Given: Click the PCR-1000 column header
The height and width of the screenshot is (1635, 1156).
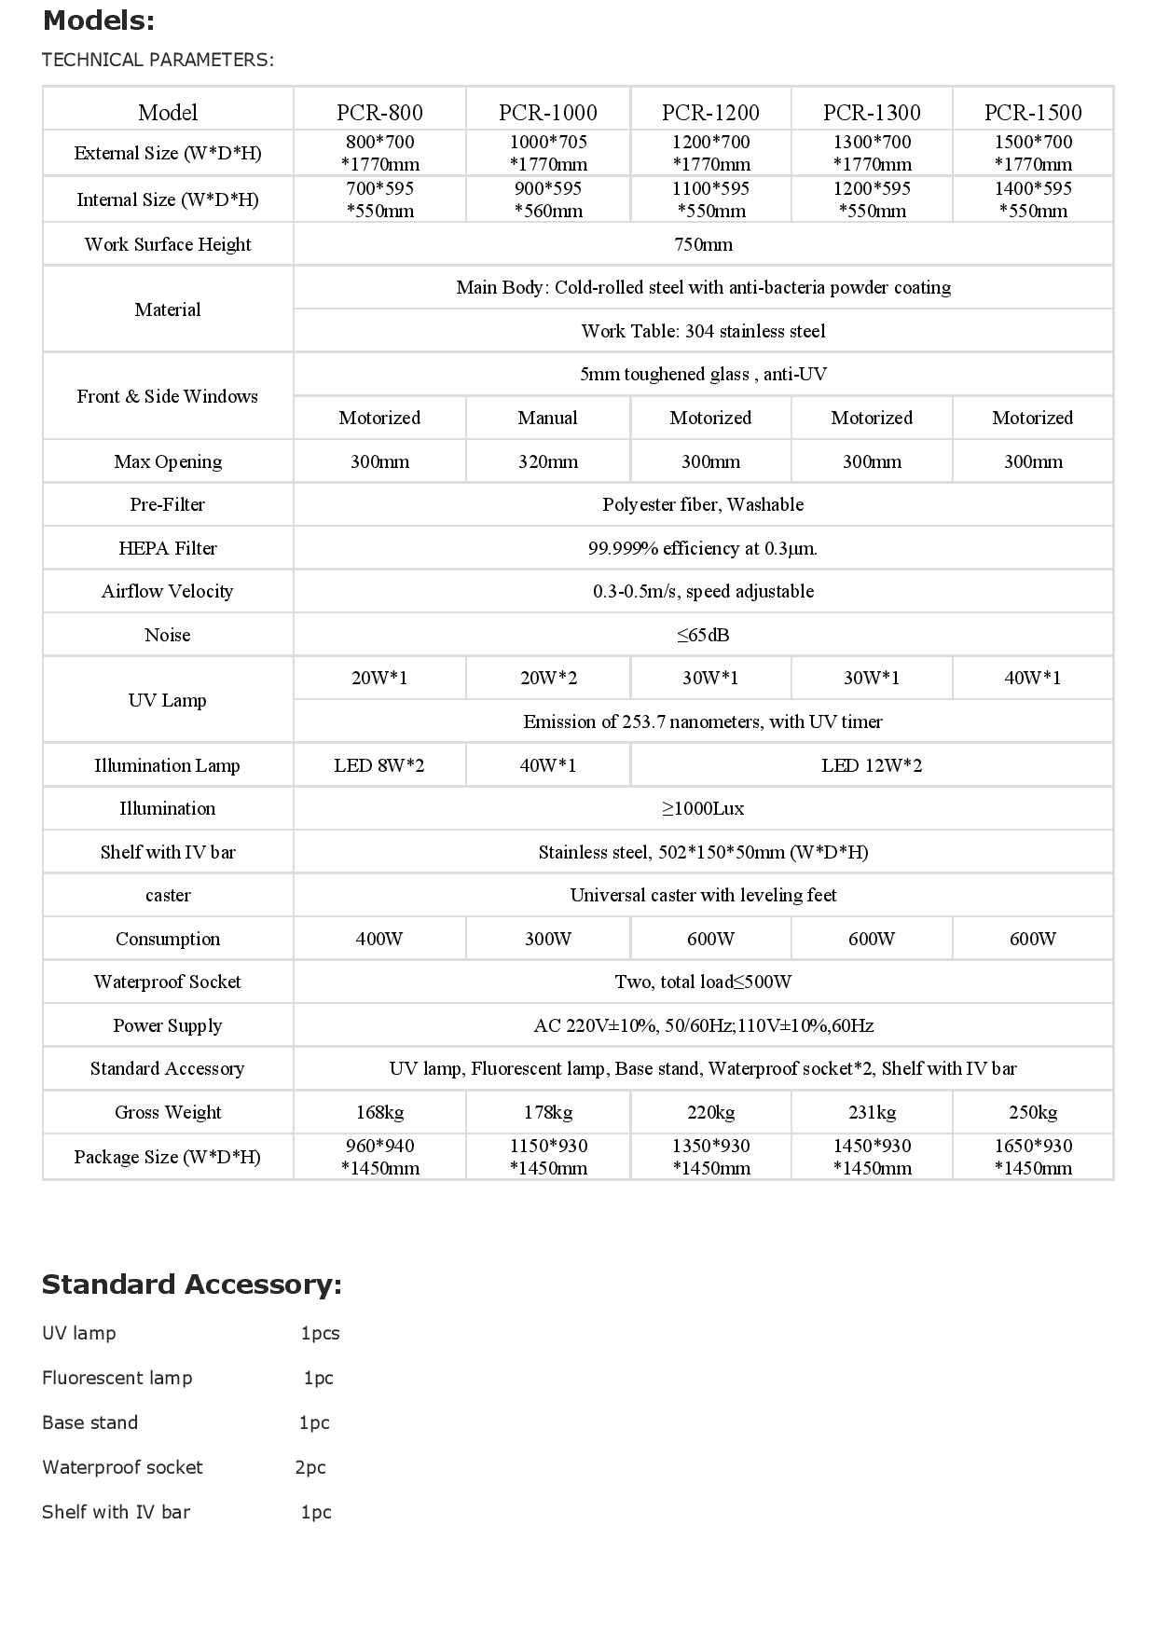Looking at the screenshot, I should coord(547,113).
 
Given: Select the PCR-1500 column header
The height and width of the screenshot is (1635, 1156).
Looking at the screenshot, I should coord(1033,113).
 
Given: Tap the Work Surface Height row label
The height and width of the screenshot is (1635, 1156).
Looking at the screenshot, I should coord(168,244).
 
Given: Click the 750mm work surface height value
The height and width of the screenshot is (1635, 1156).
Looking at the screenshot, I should coord(703,244).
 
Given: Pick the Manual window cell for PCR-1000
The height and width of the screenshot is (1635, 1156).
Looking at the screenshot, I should coord(547,418).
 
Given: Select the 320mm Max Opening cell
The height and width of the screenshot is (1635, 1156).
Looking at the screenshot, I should coord(547,461).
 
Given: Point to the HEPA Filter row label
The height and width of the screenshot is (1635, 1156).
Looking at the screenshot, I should coord(168,548).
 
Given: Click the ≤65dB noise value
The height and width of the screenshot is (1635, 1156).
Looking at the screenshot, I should coord(703,635).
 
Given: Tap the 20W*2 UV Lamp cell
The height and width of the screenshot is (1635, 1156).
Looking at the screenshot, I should coord(547,678).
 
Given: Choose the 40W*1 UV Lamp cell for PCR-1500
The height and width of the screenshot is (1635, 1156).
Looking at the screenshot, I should coord(1033,678).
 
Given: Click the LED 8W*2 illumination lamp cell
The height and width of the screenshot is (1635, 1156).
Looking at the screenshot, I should coord(379,765).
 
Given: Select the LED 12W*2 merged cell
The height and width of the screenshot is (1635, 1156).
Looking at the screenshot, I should coord(872,765).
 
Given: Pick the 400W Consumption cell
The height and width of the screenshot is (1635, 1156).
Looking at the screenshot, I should coord(379,939).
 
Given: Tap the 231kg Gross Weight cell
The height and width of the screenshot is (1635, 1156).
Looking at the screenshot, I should coord(872,1112).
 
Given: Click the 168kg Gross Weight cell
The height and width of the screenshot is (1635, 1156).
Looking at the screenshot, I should coord(379,1112).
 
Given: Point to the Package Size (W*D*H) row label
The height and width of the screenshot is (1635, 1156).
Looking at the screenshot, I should coord(168,1157).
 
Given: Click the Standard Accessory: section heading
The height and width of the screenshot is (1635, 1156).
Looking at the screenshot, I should coord(192,1285).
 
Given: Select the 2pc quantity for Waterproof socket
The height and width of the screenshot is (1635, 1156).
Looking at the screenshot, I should coord(310,1467).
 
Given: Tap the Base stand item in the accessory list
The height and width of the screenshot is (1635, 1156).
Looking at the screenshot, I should coord(90,1422).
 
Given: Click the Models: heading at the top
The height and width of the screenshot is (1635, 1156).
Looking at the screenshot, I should coord(99,21).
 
